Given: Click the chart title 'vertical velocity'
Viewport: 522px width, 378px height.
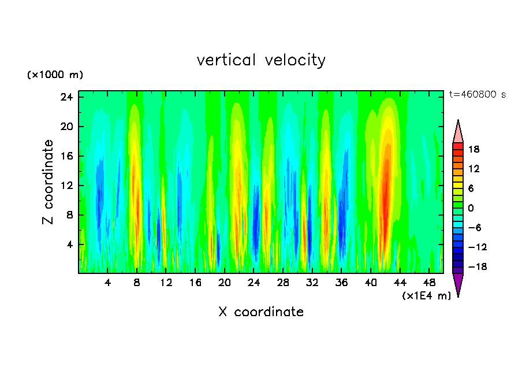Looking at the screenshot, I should (x=261, y=60).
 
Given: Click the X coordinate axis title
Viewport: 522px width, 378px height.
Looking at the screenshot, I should (x=261, y=312).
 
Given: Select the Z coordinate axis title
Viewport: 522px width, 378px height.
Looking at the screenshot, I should (x=49, y=182).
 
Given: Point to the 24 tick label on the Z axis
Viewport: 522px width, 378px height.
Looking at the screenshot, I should (x=67, y=97).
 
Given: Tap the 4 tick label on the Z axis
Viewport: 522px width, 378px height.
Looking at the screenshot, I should (x=70, y=244).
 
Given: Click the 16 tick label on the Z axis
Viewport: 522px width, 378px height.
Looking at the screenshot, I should (x=67, y=156).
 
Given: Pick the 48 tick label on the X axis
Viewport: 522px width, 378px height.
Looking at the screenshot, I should (x=430, y=283).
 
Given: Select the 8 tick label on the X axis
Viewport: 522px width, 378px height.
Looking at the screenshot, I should (x=137, y=283).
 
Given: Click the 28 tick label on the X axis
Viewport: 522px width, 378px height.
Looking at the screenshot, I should (x=283, y=283).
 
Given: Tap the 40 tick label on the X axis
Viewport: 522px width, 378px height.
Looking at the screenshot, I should (x=371, y=283).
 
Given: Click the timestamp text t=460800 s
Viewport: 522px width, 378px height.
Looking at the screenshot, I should (x=477, y=94).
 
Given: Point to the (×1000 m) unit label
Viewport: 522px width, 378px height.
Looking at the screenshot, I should (x=55, y=75).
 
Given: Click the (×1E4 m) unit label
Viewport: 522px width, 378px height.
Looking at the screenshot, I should (x=426, y=296).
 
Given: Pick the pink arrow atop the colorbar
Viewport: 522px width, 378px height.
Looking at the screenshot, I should (x=458, y=132).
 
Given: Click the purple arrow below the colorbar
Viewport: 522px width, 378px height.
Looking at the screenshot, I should (x=458, y=284).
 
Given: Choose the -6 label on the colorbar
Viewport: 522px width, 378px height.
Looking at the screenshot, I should (x=474, y=228).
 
